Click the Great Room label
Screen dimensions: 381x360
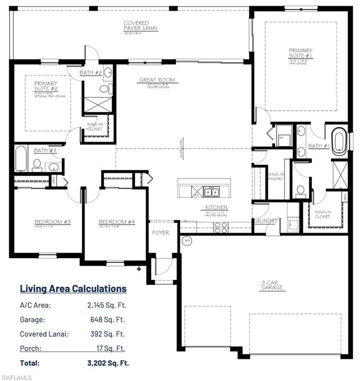pos(156,80)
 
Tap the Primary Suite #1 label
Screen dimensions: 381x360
pos(301,53)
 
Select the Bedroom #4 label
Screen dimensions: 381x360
pos(116,222)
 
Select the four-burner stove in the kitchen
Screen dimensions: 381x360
pos(220,227)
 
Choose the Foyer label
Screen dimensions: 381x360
pos(160,232)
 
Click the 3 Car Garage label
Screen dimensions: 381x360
pos(273,285)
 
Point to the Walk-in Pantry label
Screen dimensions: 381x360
pos(276,176)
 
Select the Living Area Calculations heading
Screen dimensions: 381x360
pos(73,289)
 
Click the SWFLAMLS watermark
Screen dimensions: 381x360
pos(16,377)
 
